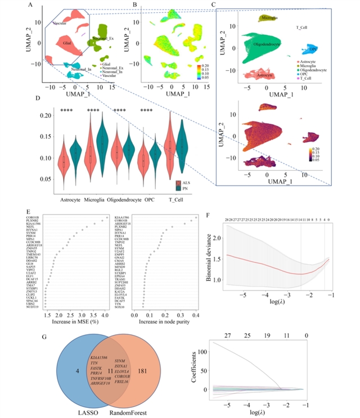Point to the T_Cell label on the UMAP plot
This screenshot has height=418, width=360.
(x=306, y=28)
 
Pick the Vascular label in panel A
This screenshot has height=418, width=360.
(x=59, y=24)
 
